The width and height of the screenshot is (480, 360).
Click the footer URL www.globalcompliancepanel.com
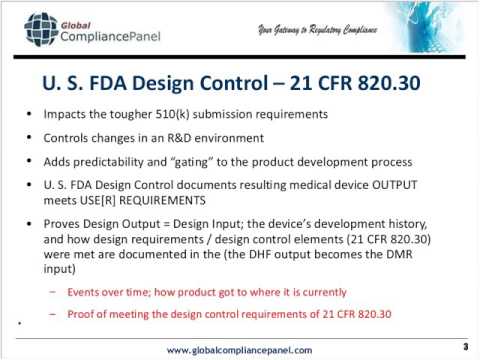click(239, 348)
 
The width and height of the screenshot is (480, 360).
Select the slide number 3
click(465, 346)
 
